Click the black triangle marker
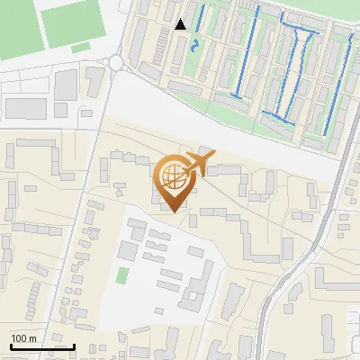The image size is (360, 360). coord(181,24)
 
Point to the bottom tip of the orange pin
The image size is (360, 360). coord(174,212)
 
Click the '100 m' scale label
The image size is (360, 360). coord(23,338)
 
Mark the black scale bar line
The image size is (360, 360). coord(42,346)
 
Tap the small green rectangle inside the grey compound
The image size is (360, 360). coord(122,274)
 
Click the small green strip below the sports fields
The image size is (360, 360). coord(81,47)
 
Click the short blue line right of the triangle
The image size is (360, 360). coord(200,15)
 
